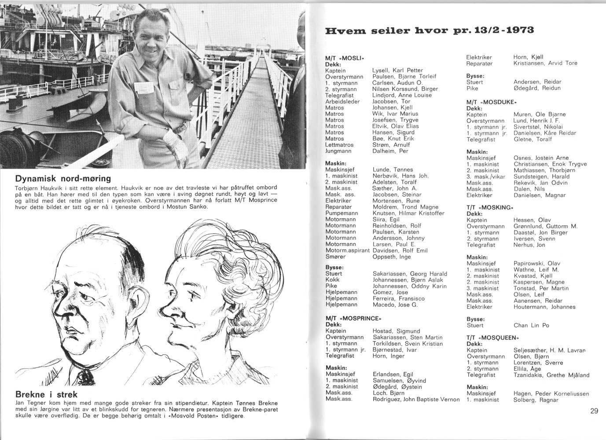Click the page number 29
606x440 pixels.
click(594, 411)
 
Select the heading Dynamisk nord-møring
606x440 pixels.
click(62, 179)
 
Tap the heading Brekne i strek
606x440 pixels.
click(46, 394)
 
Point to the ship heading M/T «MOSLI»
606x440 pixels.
click(345, 58)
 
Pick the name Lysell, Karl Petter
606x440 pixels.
click(397, 70)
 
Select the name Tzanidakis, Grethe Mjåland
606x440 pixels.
click(551, 375)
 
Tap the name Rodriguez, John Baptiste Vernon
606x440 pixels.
click(416, 399)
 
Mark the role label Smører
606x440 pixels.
click(336, 257)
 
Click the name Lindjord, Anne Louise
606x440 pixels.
click(402, 95)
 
